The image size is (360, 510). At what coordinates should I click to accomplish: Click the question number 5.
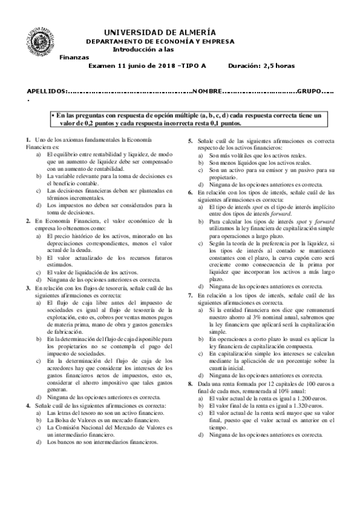coord(191,140)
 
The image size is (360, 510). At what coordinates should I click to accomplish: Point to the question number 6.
coord(191,192)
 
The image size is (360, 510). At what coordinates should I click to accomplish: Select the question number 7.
coord(191,296)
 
